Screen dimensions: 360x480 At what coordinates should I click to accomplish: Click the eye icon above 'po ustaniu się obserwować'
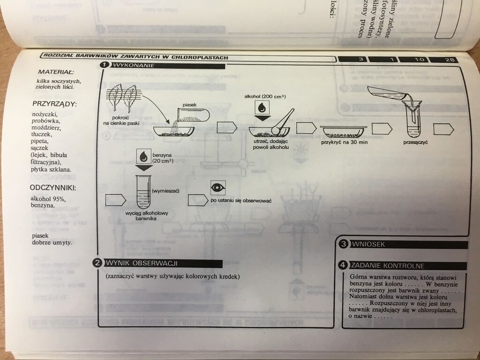(218, 187)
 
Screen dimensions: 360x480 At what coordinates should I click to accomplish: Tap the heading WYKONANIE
(132, 65)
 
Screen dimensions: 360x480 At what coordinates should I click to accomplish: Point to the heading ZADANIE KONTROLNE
(387, 266)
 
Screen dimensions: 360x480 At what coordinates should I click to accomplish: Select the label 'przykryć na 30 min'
(344, 142)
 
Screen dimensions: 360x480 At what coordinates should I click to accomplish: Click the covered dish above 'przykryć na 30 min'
(343, 129)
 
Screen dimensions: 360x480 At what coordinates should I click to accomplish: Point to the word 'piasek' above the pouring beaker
(190, 105)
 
